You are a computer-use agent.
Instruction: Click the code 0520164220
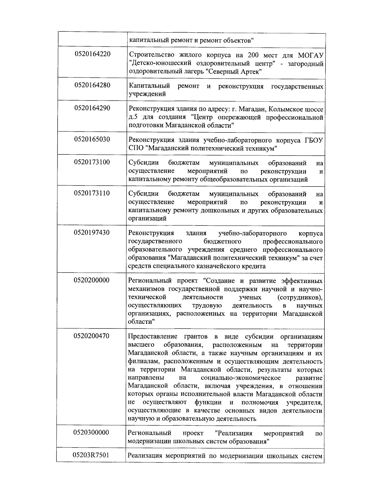[92, 54]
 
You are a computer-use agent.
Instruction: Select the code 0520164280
[92, 85]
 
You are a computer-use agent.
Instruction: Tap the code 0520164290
[92, 108]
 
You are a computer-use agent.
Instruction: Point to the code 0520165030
[92, 139]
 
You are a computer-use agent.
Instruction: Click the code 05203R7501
[91, 455]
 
